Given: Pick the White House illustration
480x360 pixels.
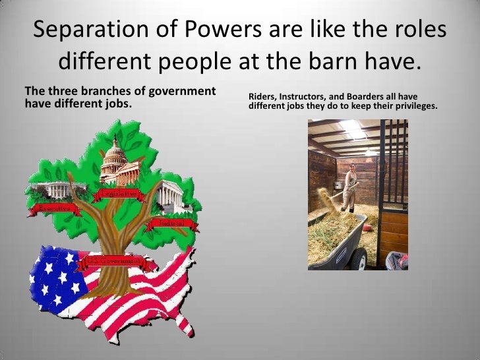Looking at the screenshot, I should [x=59, y=190].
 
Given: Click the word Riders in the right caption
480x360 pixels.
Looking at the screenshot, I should [x=260, y=96].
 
